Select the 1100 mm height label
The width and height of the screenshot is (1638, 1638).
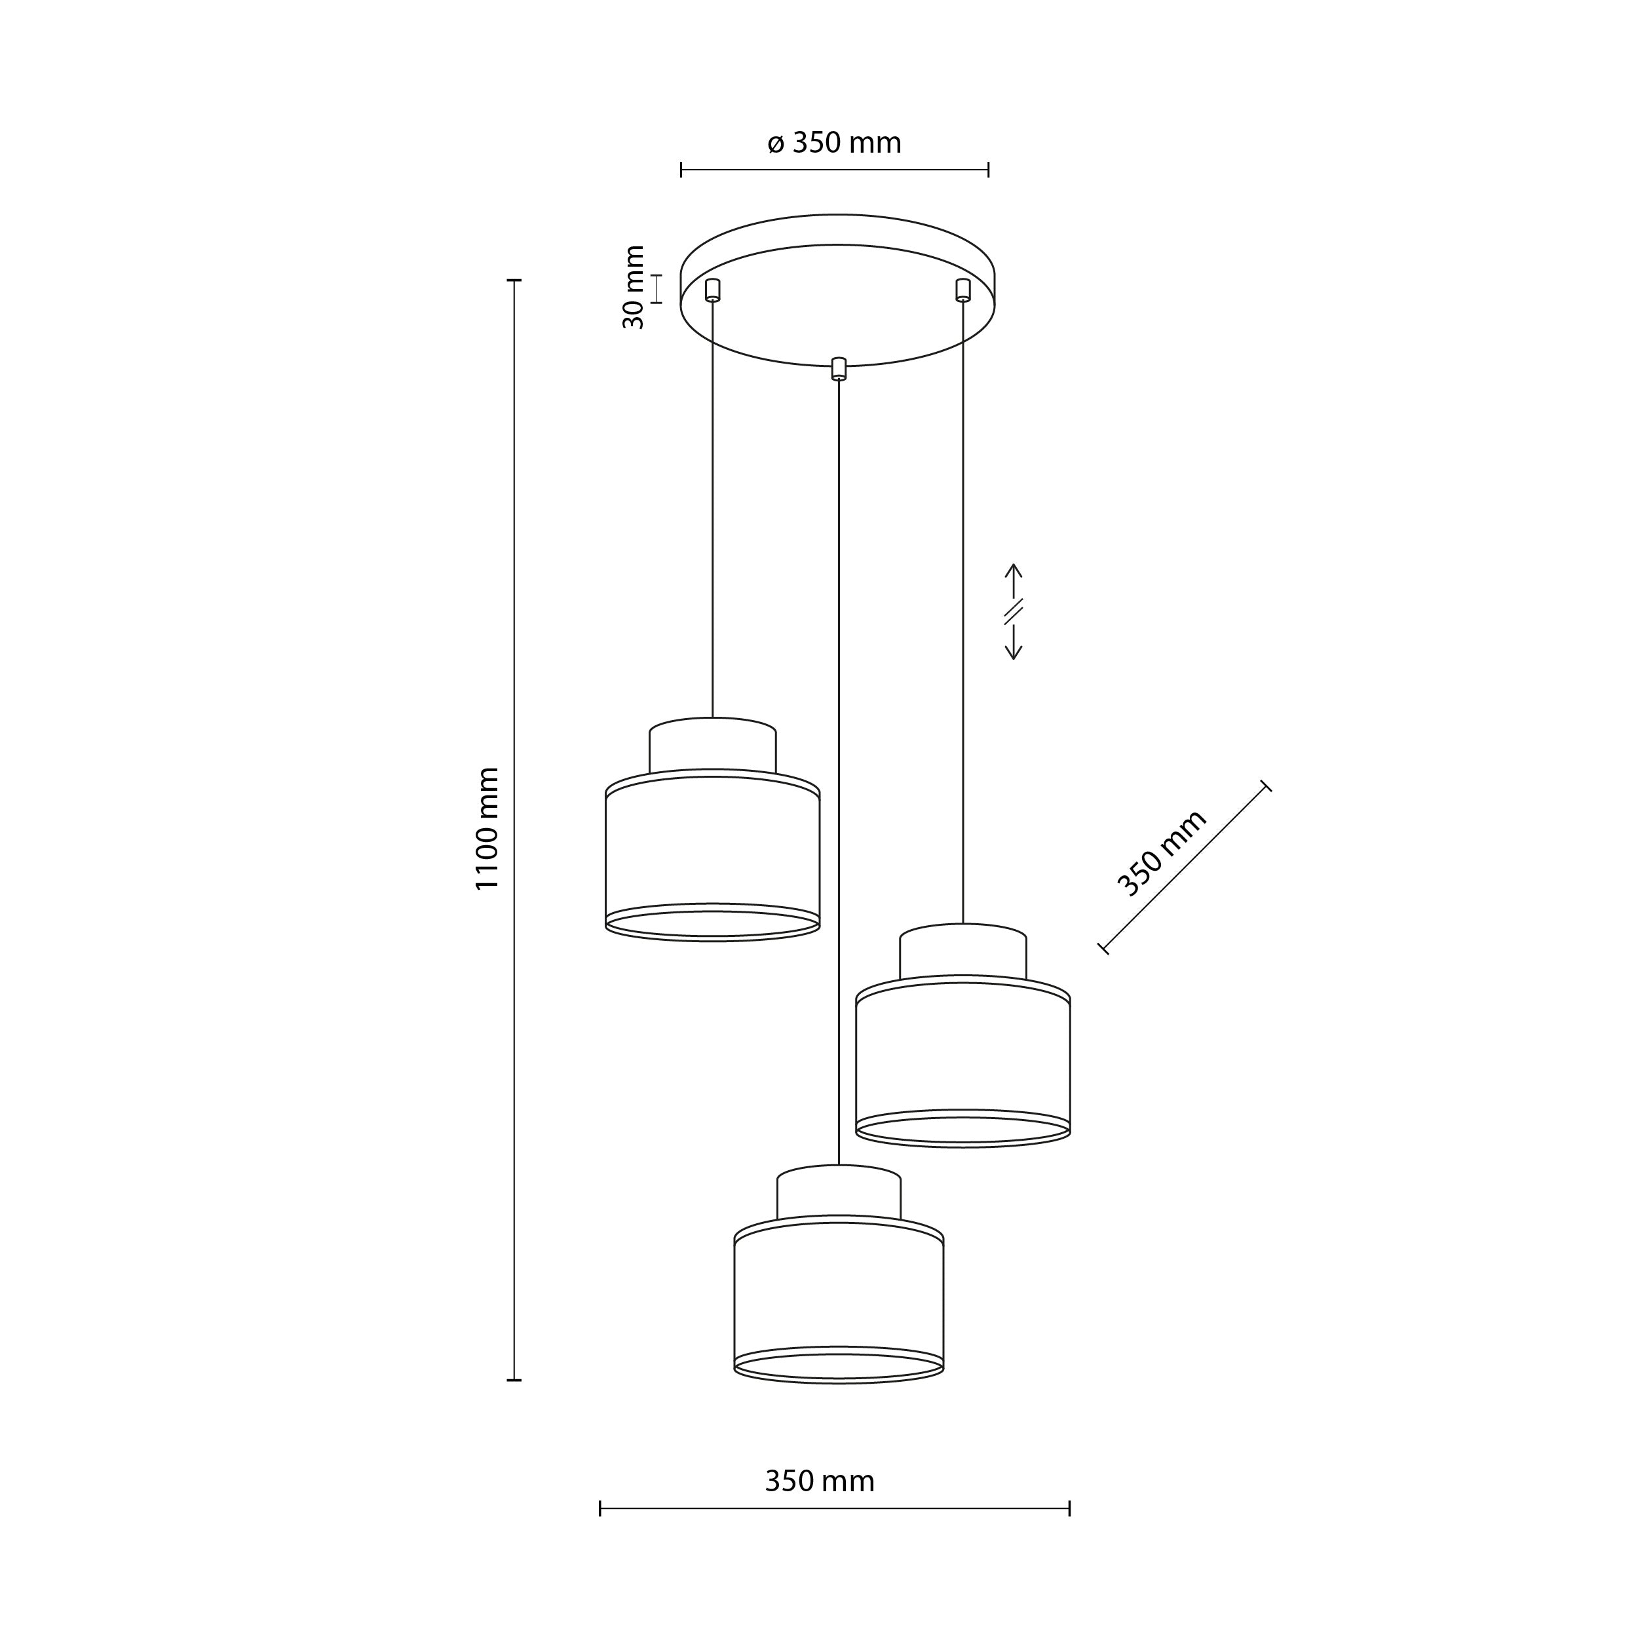487,828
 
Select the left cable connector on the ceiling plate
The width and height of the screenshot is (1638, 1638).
712,290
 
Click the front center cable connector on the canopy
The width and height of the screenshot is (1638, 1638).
839,369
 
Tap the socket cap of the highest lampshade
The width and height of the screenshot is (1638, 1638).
712,747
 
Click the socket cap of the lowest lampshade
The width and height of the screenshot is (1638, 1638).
839,1194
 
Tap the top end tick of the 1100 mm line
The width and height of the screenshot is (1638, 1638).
514,280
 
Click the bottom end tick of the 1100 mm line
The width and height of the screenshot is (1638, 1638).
514,1381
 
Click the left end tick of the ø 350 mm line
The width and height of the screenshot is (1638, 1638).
681,170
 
